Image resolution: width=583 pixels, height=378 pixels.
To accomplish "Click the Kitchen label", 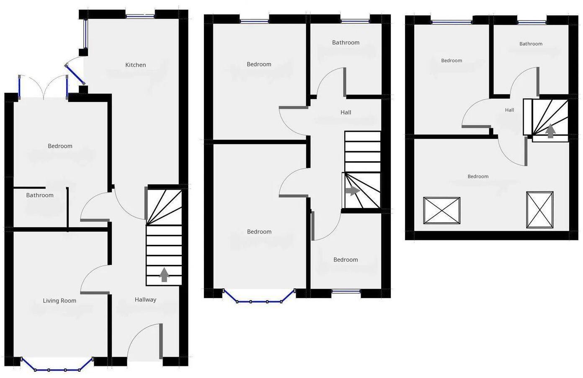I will pos(136,65).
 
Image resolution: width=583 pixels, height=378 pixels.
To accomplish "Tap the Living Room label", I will pos(59,301).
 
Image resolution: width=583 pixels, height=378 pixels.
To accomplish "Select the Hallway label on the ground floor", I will pos(145,300).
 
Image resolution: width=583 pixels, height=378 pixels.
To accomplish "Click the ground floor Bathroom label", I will pos(40,195).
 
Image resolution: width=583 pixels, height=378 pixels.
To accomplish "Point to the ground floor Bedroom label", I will pos(60,146).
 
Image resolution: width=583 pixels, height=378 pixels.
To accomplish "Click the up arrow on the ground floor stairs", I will pos(164,275).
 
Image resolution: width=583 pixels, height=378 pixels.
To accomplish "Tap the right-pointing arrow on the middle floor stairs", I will pos(353,191).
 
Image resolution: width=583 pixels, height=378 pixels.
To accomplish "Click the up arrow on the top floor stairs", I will pos(551,131).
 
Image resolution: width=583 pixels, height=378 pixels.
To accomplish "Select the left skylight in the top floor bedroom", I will pos(441,211).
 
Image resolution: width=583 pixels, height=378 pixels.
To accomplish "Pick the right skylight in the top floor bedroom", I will pos(539,210).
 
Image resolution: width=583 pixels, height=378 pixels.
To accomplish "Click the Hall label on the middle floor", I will pos(346,112).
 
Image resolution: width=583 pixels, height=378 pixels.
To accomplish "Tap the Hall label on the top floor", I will pos(509,110).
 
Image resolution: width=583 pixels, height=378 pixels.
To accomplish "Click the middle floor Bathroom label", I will pos(346,42).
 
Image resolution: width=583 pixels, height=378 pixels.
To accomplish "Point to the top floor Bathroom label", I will pos(531,44).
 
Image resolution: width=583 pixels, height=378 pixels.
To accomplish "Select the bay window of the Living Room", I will pos(57,369).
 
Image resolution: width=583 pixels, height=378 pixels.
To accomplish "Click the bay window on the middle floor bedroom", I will pos(259,300).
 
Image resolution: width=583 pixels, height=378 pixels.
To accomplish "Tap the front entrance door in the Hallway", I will pos(144,341).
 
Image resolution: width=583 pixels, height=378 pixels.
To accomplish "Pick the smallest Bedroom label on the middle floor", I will pos(346,260).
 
